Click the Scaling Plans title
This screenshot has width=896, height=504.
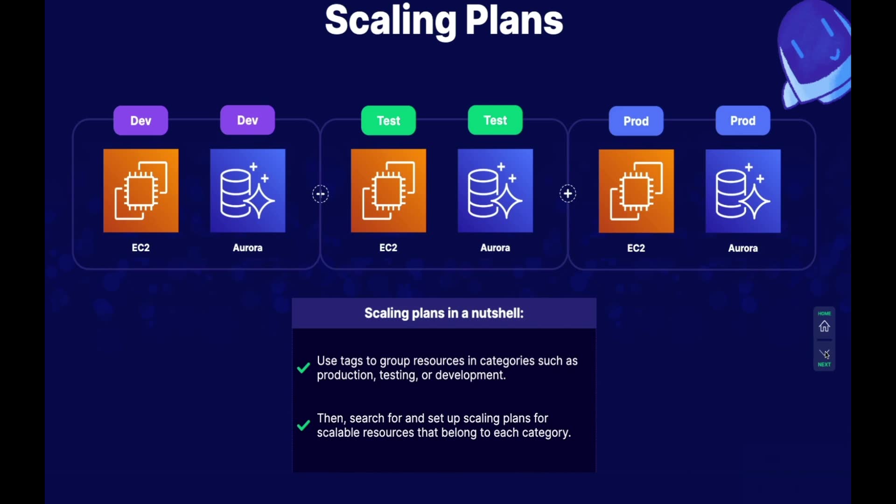(x=444, y=21)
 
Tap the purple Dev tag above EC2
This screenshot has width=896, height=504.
(x=140, y=121)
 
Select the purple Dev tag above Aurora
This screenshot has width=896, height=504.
(x=247, y=120)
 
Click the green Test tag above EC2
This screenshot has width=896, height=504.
(x=388, y=121)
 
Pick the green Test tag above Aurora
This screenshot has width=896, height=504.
(x=495, y=120)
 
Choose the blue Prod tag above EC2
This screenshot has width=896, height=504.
(x=636, y=121)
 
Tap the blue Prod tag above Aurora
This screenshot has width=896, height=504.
(x=743, y=121)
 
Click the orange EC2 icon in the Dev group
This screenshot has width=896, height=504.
(x=141, y=190)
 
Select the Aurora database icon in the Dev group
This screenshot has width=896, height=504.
(x=248, y=190)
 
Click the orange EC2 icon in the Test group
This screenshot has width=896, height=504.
(x=389, y=190)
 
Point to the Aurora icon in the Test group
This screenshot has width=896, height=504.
(x=496, y=190)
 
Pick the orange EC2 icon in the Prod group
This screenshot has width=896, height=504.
(x=637, y=191)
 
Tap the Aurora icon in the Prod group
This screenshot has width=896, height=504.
(x=743, y=191)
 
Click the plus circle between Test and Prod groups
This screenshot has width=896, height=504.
(x=568, y=194)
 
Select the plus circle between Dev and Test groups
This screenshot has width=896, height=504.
(x=321, y=194)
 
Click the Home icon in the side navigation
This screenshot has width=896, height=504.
(x=825, y=326)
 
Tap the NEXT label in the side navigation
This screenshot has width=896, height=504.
(x=825, y=364)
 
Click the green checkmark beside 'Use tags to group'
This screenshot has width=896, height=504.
(x=303, y=368)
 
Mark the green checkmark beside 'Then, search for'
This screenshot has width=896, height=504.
(x=303, y=425)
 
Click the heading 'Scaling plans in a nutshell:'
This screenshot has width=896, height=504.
(x=444, y=313)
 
